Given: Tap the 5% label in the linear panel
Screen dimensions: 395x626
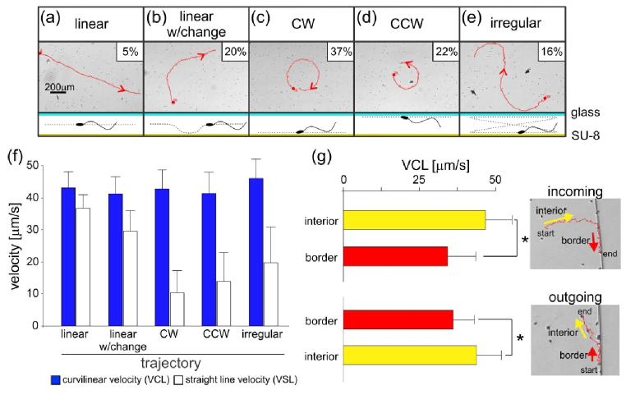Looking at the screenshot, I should [x=127, y=52].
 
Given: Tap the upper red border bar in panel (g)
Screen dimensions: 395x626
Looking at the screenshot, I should [x=395, y=256].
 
